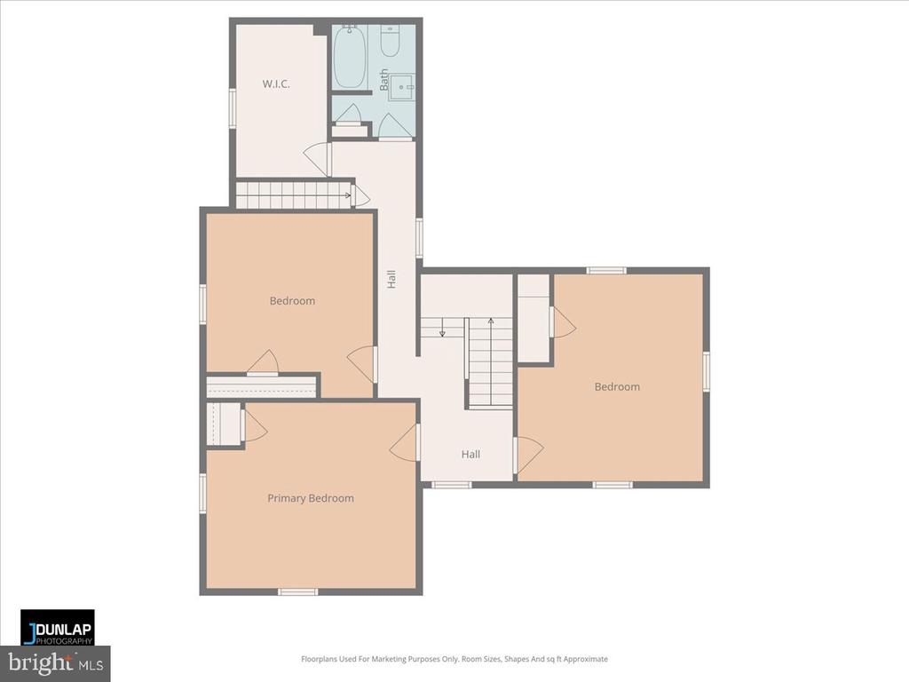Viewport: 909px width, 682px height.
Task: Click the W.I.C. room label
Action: pos(276,84)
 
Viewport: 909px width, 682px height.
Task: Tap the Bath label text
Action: pos(384,80)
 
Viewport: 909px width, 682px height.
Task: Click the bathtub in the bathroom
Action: pos(351,56)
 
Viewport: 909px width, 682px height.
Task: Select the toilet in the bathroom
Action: pos(391,41)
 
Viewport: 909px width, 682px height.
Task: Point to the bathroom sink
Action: pos(401,86)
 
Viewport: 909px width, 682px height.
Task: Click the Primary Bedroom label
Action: pos(311,498)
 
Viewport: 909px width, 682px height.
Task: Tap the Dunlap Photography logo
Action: pos(58,628)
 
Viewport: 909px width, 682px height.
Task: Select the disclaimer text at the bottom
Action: pos(454,659)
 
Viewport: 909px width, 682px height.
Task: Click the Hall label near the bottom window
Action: pos(470,454)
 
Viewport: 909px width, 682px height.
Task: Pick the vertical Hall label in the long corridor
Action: pos(391,279)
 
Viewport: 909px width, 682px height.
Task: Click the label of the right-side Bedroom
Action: pos(617,386)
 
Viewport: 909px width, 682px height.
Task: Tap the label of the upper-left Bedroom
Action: pos(292,300)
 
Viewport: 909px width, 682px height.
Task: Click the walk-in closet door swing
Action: pos(318,159)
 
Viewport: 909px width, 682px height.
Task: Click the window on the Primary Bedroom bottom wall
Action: pos(297,591)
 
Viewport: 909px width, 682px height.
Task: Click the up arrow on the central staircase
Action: pos(490,321)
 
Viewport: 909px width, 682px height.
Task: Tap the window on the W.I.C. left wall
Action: pos(233,108)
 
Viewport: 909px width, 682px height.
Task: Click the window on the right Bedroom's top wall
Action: pos(606,270)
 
